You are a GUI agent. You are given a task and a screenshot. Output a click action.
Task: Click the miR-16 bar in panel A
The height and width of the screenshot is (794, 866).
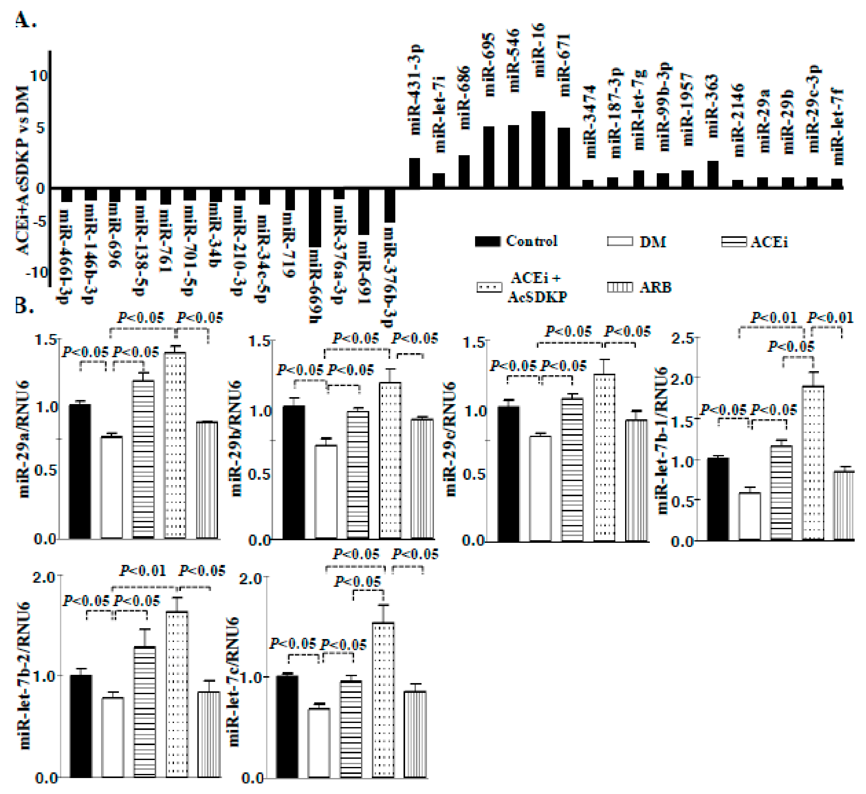pyautogui.click(x=538, y=150)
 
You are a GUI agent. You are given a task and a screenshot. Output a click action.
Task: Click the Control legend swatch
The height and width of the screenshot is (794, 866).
pyautogui.click(x=487, y=241)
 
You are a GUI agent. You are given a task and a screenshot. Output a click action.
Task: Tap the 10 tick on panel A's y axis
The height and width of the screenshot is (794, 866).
pyautogui.click(x=39, y=76)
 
